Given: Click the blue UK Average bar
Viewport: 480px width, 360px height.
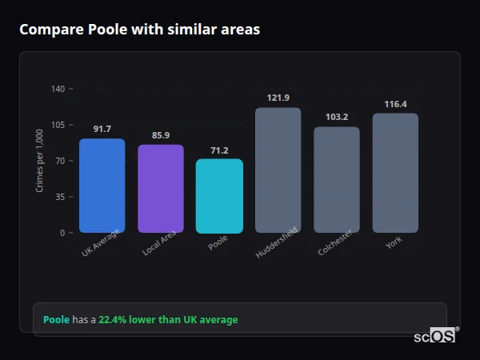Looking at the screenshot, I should (102, 186).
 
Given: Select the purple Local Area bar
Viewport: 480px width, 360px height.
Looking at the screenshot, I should (161, 189).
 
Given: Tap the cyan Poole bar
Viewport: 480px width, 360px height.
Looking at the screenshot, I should (219, 196).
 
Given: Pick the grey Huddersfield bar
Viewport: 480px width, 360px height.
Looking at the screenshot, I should (278, 170).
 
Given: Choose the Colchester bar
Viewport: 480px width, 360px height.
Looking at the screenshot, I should (337, 180).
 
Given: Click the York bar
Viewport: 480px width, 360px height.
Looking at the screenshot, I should (395, 173).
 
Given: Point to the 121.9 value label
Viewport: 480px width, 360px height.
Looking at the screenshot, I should (278, 98).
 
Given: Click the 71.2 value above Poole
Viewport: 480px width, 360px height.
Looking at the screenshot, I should (219, 150).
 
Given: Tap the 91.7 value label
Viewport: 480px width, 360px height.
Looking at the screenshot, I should (102, 129).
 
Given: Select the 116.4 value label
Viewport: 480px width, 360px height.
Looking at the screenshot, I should (395, 104).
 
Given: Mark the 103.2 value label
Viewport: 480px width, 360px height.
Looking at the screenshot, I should (337, 117).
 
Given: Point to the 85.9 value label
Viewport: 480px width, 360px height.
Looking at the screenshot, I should (161, 135).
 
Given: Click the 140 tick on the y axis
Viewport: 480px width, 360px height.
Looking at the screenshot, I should (58, 89).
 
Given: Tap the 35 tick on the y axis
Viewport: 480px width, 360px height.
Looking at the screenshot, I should (60, 197).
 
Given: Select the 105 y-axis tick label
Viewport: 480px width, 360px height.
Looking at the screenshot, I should (58, 125).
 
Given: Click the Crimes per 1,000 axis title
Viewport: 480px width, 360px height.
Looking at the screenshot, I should (40, 161).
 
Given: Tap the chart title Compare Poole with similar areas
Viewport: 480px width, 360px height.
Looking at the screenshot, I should (139, 30).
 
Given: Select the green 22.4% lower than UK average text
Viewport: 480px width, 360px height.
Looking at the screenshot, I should (168, 320).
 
